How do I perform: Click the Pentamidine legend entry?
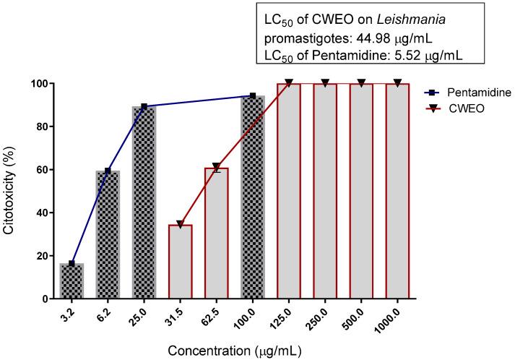(477, 93)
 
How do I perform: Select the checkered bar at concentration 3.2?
(72, 280)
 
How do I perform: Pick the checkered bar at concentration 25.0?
(144, 202)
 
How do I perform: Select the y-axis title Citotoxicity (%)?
(11, 191)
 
